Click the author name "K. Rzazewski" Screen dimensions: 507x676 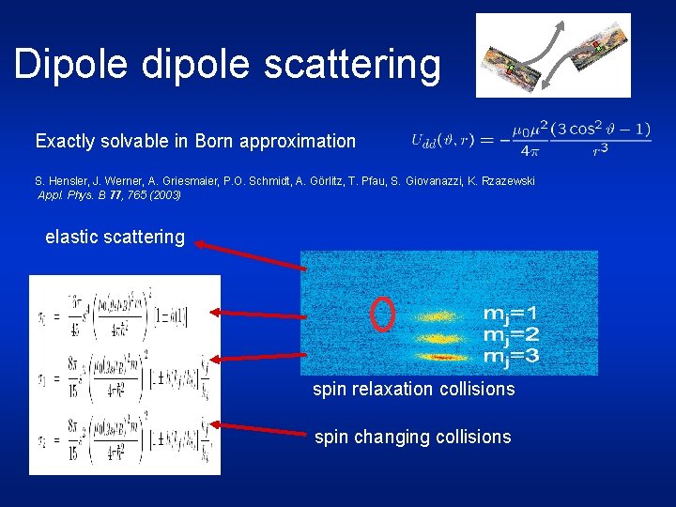coord(500,180)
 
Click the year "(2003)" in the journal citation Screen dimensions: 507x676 coord(161,195)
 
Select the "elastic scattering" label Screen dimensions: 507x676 coord(115,237)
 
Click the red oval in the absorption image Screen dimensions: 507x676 coord(382,315)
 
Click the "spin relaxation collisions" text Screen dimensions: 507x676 coord(413,389)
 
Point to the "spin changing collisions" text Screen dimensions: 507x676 coord(412,437)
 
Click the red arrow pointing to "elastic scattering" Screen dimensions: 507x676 coord(251,256)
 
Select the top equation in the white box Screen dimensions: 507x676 coord(125,316)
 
